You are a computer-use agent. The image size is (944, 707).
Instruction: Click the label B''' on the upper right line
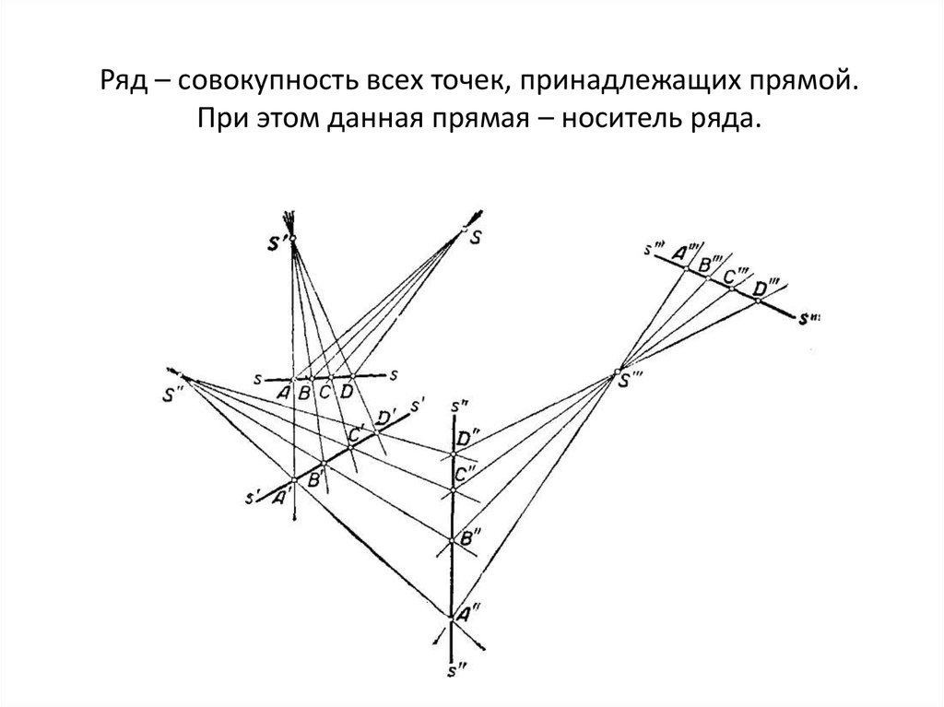[710, 265]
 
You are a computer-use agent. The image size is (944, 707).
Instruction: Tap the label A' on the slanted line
[281, 496]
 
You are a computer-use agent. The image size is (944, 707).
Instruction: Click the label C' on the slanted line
[356, 431]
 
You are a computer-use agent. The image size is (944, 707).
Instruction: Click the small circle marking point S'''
[619, 373]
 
